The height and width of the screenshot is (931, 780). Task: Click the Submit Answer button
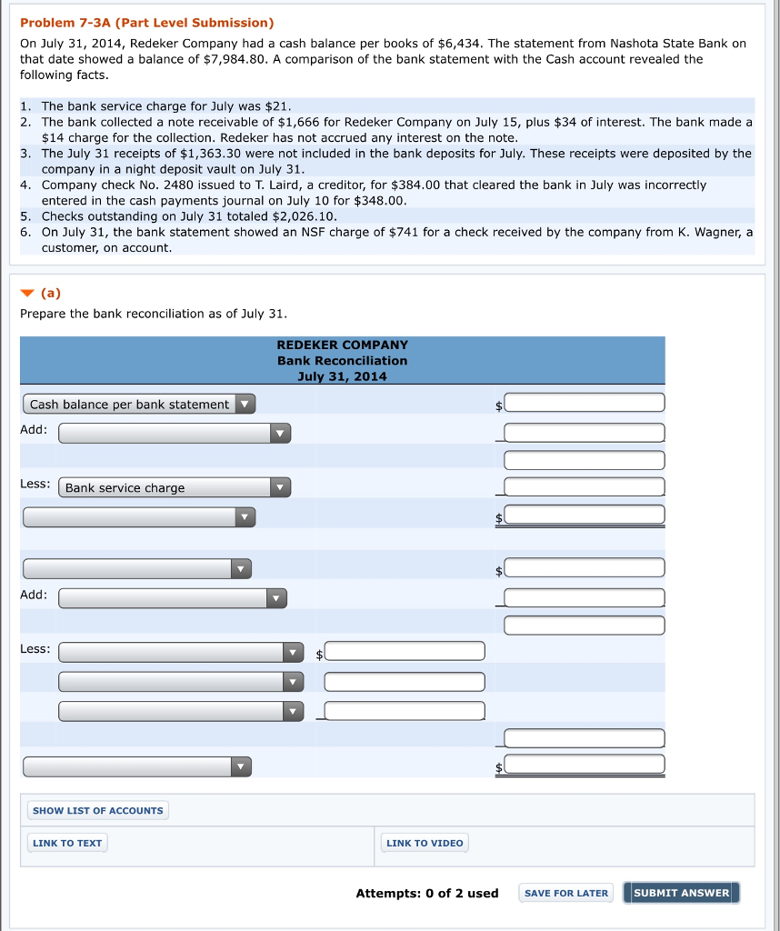click(681, 893)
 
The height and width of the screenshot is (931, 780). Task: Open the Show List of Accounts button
click(97, 810)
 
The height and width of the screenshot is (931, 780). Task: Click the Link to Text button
click(67, 843)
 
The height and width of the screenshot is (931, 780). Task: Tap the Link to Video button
click(425, 843)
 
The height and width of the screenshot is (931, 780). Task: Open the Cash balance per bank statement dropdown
click(139, 404)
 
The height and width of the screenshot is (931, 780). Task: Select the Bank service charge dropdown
click(175, 487)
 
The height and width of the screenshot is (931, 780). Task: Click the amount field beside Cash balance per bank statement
click(585, 403)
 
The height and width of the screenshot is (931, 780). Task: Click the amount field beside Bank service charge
click(585, 487)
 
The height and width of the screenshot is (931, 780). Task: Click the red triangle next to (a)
click(28, 293)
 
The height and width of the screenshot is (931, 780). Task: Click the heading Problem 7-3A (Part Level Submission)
click(146, 22)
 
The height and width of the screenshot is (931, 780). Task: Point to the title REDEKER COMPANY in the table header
click(342, 345)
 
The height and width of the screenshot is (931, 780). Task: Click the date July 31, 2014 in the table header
click(342, 376)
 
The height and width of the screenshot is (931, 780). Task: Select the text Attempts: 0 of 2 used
click(426, 893)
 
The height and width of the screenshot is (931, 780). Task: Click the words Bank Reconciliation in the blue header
click(342, 360)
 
